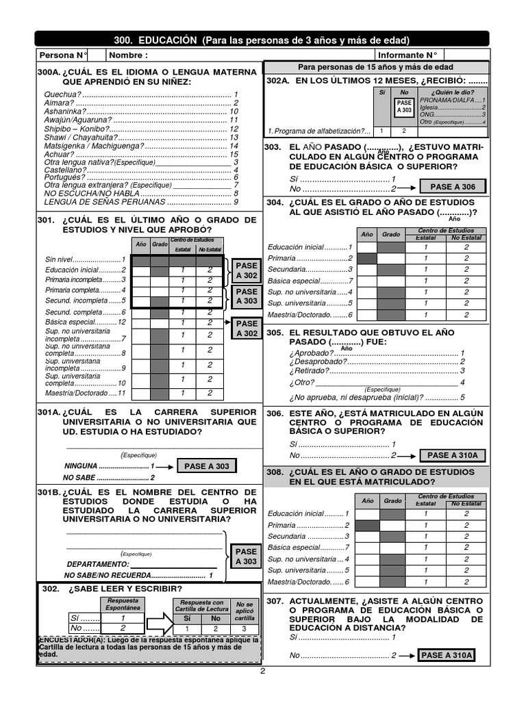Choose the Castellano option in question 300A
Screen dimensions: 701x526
pos(66,170)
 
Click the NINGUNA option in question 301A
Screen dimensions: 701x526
pos(81,466)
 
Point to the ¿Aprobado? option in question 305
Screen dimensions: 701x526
pos(312,353)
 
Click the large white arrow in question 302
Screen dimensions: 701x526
pos(157,623)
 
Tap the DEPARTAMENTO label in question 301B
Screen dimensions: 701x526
pos(96,564)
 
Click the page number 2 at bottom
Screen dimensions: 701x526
pos(262,672)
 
